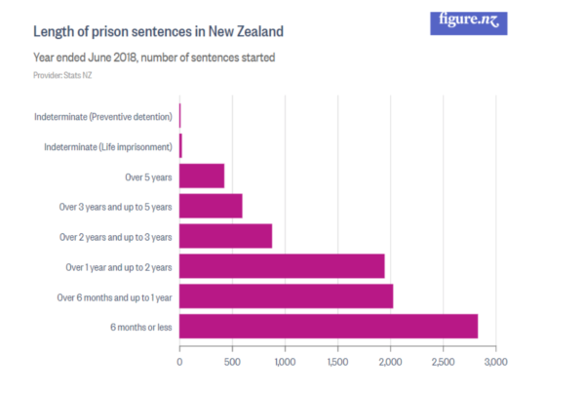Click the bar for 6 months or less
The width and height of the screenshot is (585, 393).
(x=328, y=326)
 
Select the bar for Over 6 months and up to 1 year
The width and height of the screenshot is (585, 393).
(x=286, y=295)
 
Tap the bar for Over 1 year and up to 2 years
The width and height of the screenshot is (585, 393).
(x=282, y=265)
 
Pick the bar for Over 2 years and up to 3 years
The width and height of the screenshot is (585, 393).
(x=225, y=236)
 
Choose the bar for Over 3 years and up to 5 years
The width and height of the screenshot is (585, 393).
(x=211, y=206)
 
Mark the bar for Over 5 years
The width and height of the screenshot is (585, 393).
(x=202, y=176)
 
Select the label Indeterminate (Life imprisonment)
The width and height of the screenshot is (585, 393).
(x=108, y=146)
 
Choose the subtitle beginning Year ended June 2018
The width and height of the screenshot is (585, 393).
(x=154, y=58)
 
